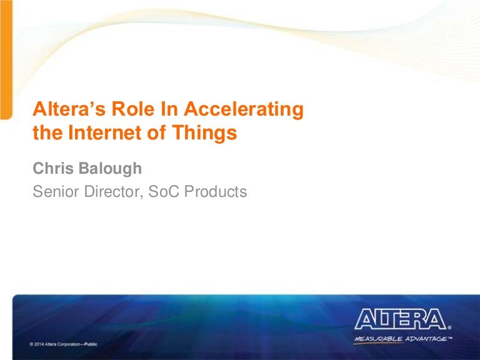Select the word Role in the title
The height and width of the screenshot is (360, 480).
[133, 109]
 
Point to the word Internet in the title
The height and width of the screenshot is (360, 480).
[106, 132]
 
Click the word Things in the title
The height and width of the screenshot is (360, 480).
[204, 134]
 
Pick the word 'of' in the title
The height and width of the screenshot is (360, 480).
[157, 132]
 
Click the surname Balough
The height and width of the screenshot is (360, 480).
[110, 169]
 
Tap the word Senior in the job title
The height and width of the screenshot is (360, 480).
[56, 191]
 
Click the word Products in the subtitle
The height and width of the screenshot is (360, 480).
[216, 191]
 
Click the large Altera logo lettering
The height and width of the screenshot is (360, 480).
[401, 319]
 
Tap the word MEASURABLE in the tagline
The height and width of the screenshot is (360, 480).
[378, 339]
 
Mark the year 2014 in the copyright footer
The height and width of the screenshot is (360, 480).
[39, 344]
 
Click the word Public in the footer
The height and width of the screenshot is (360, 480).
[91, 344]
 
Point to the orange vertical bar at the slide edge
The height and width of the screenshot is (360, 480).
[6, 59]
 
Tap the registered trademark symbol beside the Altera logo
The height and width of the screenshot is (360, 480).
[449, 327]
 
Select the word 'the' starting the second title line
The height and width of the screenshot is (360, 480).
[47, 132]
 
